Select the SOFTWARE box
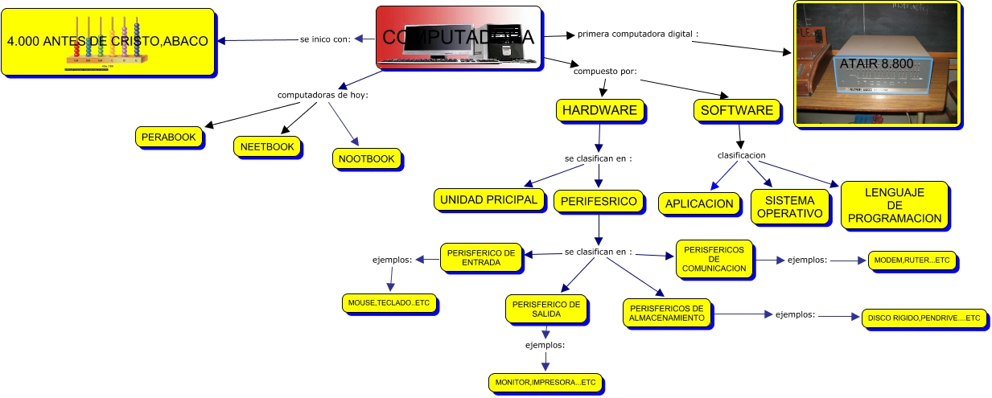click(x=737, y=110)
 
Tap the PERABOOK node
click(x=168, y=137)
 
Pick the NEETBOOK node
click(x=268, y=146)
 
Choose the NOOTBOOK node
click(x=366, y=158)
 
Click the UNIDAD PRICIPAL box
click(x=488, y=199)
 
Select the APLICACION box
click(x=699, y=203)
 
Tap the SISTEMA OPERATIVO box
click(x=789, y=207)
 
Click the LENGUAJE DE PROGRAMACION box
click(x=894, y=205)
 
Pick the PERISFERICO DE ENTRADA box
click(x=481, y=257)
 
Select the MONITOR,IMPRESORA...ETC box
click(x=545, y=382)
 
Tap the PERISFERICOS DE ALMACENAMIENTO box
click(x=667, y=313)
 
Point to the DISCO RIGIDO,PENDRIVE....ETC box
click(x=924, y=318)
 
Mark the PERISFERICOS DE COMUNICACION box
click(x=714, y=259)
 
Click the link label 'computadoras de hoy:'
click(x=323, y=95)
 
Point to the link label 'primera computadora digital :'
click(x=638, y=35)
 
